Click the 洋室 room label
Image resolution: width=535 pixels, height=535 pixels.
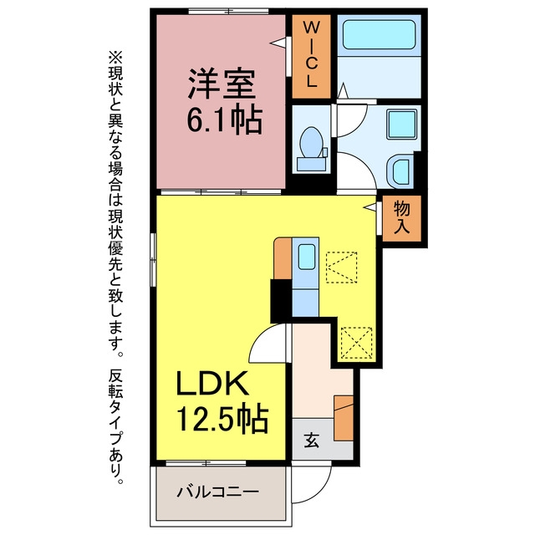[x=222, y=84]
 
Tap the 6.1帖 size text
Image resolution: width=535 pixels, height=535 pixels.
[x=225, y=120]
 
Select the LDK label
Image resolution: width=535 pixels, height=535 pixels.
[x=212, y=383]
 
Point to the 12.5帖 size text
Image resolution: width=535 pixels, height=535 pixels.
[x=222, y=418]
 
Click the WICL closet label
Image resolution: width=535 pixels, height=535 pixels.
[x=311, y=55]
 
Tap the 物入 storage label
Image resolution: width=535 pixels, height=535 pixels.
[x=401, y=217]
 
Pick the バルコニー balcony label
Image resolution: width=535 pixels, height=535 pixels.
[x=218, y=492]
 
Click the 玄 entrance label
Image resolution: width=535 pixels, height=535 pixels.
[x=312, y=441]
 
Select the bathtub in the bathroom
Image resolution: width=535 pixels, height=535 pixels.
[x=379, y=34]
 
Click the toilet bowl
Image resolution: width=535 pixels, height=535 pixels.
[x=311, y=143]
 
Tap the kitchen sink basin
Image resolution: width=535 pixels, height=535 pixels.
[x=307, y=257]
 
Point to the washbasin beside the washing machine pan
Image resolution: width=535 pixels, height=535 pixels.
[x=400, y=171]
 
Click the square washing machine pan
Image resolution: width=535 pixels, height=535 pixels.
[x=401, y=125]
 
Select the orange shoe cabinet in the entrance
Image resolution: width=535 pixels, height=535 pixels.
[x=344, y=418]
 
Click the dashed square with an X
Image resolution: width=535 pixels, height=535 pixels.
[x=356, y=343]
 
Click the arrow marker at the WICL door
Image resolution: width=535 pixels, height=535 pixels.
[x=278, y=43]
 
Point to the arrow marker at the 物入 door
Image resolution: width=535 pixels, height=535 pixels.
[x=370, y=206]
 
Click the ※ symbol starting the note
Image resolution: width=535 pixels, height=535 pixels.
[x=115, y=58]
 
